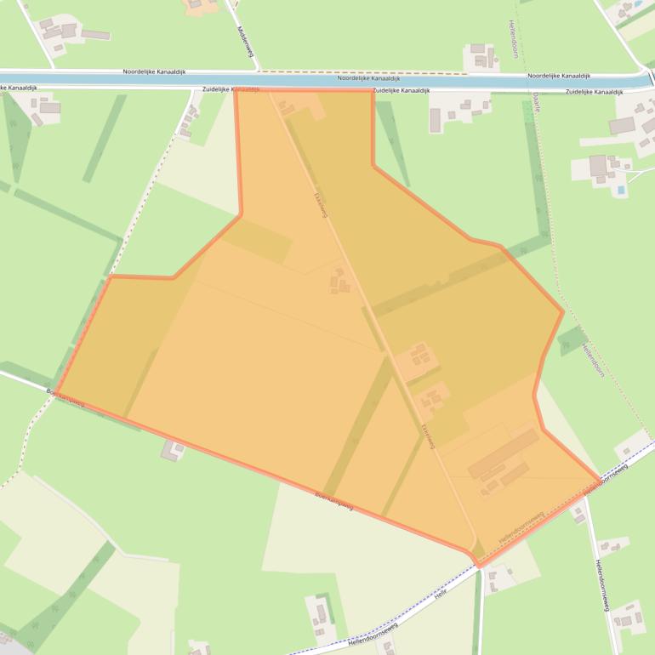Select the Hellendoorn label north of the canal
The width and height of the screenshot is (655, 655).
pos(514,38)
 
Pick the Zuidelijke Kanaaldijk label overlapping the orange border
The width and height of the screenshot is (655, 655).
pos(231,89)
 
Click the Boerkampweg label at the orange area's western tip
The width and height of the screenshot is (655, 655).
pos(66,398)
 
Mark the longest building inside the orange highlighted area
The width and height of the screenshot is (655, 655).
pos(502,453)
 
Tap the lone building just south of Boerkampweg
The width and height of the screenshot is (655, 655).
pos(173,449)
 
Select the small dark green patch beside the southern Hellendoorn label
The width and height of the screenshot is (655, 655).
pos(572,340)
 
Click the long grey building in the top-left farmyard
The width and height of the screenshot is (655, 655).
pos(95,35)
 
